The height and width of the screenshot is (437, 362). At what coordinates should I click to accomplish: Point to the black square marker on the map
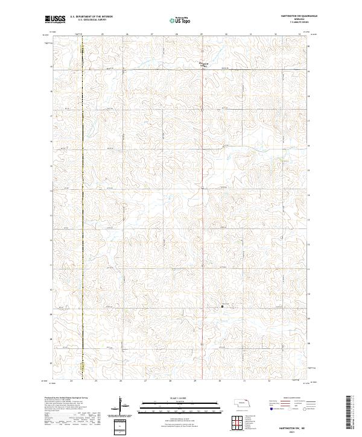pyautogui.click(x=222, y=306)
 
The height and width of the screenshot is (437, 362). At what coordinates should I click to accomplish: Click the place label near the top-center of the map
pyautogui.click(x=203, y=64)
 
